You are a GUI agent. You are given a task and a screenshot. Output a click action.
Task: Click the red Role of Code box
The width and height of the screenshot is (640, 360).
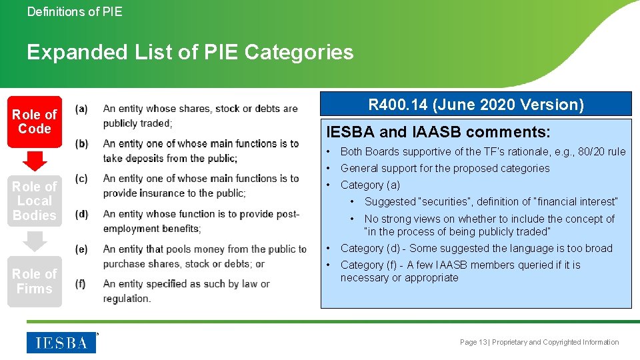click(x=35, y=121)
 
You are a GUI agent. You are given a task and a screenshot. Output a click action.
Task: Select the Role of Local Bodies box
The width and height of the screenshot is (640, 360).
click(x=35, y=201)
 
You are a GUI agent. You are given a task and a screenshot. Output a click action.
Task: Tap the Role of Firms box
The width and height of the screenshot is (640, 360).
click(x=35, y=281)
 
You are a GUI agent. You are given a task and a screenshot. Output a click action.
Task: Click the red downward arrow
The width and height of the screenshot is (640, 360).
click(x=35, y=161)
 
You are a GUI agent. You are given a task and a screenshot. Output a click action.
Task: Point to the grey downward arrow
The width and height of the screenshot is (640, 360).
click(x=35, y=241)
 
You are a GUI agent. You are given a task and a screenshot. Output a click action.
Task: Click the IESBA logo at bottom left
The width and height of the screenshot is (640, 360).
click(x=61, y=343)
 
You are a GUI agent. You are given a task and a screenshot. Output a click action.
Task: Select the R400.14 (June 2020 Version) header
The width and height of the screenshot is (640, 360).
click(x=476, y=105)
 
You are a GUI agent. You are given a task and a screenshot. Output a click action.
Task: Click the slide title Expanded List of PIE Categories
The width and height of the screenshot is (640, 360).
click(x=190, y=52)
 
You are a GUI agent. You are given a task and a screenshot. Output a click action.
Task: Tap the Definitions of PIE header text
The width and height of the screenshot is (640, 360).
click(x=75, y=11)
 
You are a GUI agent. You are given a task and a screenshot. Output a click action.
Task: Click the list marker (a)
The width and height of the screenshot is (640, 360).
click(x=81, y=109)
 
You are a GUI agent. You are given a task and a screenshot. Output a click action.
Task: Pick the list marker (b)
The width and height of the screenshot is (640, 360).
click(x=81, y=144)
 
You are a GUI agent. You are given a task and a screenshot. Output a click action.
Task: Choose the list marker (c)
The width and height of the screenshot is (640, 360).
click(x=81, y=179)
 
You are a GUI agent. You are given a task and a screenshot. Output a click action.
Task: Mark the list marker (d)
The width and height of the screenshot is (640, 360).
click(x=81, y=214)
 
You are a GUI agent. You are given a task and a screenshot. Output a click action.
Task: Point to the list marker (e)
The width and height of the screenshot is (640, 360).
click(x=81, y=249)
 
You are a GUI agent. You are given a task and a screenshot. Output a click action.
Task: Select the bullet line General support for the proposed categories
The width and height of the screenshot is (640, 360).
click(x=445, y=168)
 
